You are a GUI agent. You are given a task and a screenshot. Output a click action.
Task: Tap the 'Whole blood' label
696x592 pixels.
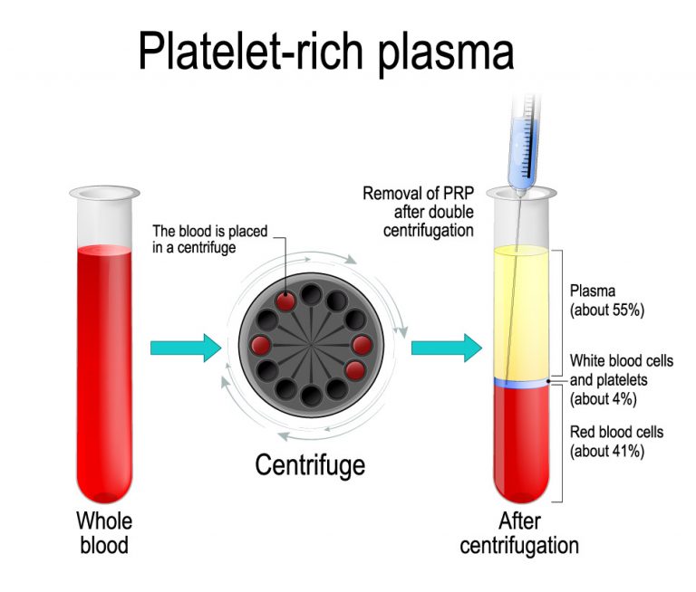coord(104,532)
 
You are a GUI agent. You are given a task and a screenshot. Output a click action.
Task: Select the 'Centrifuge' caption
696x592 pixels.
coord(310,465)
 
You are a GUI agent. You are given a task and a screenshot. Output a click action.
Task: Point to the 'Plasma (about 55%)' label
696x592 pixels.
coord(605,300)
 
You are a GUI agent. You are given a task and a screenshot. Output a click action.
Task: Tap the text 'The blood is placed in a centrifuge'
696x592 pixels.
coord(210,239)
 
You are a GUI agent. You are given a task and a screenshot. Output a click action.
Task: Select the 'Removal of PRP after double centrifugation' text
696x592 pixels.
coord(418,212)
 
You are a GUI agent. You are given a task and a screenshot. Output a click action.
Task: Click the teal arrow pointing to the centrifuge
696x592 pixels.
coord(185,348)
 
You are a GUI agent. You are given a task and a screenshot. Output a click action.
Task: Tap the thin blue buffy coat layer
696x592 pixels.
coord(520,384)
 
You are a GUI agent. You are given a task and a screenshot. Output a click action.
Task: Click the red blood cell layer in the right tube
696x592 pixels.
coord(520,444)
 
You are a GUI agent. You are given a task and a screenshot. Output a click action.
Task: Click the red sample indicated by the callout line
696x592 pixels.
coord(286,301)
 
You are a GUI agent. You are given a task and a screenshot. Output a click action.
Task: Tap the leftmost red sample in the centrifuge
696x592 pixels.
coord(262,344)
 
